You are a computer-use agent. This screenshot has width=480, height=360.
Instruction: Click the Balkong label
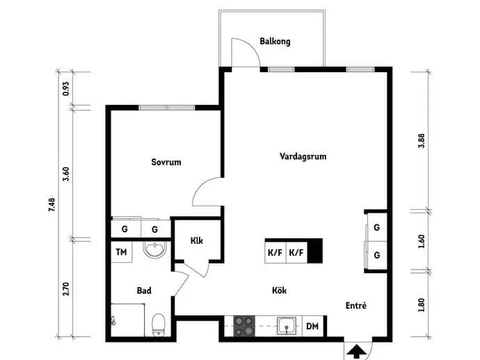[275, 41]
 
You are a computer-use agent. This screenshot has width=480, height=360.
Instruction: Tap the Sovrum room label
[166, 162]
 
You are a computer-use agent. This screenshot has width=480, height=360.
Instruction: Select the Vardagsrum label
[303, 156]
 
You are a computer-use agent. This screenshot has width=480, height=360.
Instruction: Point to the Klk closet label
[197, 240]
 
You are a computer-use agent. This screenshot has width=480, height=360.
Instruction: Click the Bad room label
[144, 291]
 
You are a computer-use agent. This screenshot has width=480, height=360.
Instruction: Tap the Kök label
[279, 290]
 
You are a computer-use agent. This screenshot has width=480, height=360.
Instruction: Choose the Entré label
[356, 305]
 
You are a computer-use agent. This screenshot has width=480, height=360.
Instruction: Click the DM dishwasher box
[312, 327]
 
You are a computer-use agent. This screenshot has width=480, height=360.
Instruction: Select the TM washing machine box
[122, 252]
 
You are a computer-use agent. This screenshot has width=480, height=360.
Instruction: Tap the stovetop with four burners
[244, 326]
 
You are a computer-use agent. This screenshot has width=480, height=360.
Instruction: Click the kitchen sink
[287, 327]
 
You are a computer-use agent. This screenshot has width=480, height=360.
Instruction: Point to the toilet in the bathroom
[159, 325]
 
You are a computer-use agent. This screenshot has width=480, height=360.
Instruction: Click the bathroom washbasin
[155, 249]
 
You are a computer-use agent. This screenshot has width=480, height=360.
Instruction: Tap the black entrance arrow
[356, 352]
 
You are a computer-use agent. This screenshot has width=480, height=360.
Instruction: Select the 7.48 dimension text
[52, 204]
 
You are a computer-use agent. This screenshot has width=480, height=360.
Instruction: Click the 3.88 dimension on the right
[422, 140]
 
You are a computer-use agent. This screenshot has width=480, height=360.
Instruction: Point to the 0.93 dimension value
[66, 88]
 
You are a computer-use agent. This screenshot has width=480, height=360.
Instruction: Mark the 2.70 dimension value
[66, 288]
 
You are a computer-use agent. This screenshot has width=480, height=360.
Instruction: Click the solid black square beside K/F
[315, 250]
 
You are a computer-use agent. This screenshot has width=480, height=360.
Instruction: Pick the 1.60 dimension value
[422, 241]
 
